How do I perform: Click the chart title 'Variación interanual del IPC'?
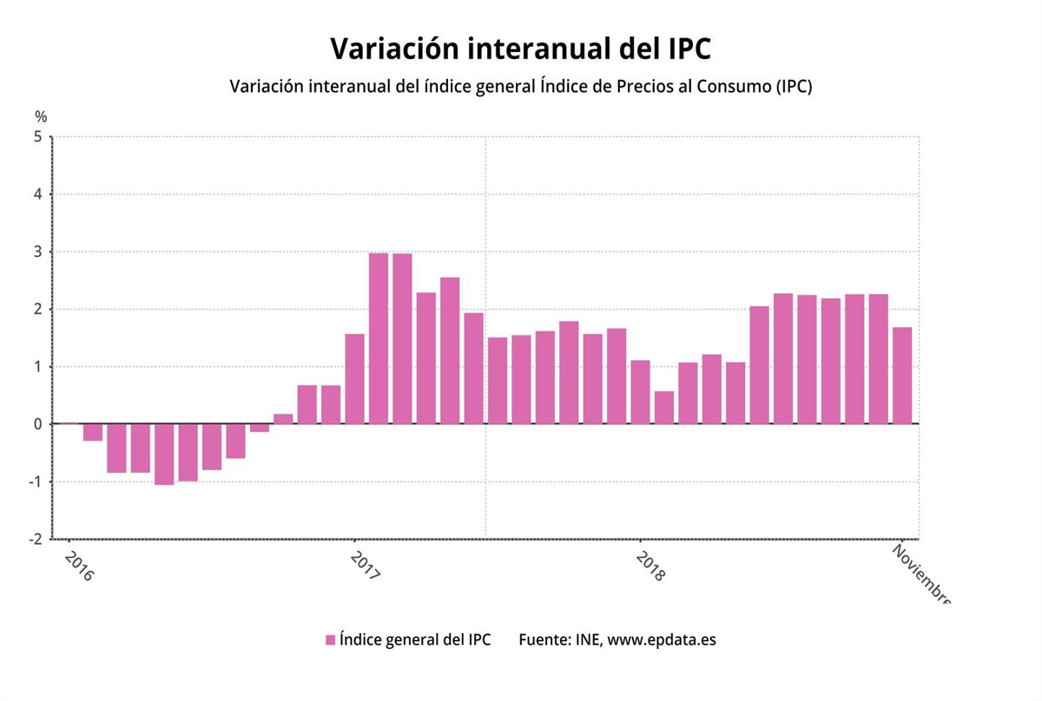point(520,49)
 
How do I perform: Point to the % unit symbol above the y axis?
point(41,116)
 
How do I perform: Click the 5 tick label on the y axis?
point(37,137)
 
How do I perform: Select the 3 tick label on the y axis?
point(37,252)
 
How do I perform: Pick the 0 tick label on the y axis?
point(37,424)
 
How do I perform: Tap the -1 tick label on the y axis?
point(35,482)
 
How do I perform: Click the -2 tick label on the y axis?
point(35,539)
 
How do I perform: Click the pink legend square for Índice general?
point(330,640)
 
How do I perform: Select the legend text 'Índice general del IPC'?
point(415,640)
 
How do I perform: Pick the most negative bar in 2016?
point(164,454)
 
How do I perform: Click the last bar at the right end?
point(902,376)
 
